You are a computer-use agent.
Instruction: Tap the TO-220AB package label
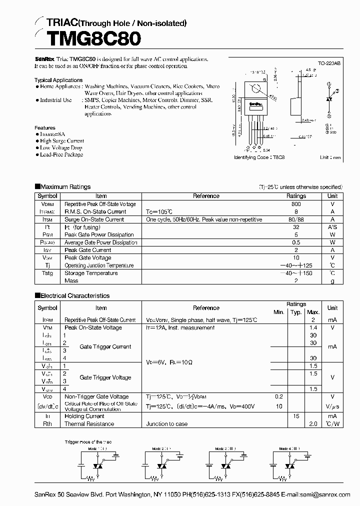[329, 63]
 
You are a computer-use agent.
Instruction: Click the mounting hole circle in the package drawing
[256, 90]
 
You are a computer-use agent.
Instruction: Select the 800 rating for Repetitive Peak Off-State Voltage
[296, 204]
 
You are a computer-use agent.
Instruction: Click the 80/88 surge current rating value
[296, 219]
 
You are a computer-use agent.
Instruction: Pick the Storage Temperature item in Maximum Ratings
[91, 273]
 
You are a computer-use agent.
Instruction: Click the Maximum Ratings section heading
[65, 186]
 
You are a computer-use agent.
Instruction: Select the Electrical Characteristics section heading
[74, 295]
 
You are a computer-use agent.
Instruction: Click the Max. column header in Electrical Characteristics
[313, 312]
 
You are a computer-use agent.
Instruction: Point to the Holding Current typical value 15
[296, 416]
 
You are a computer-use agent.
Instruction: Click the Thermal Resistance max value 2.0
[313, 423]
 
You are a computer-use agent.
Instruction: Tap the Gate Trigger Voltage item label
[105, 377]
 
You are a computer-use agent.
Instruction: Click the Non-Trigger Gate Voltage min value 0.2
[278, 396]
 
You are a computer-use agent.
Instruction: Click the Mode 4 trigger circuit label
[290, 449]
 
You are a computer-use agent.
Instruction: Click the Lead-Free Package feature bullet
[61, 154]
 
